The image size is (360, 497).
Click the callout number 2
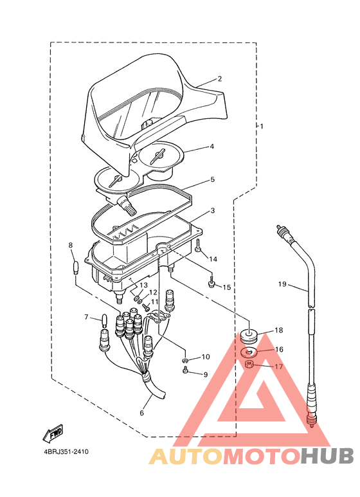point(219,78)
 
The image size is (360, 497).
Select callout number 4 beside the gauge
point(212,147)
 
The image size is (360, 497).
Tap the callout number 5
point(212,179)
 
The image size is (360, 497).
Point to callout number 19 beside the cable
point(282,284)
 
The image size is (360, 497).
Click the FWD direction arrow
point(53,433)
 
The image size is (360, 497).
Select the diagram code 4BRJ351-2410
point(66,452)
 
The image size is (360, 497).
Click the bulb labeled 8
point(75,268)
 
